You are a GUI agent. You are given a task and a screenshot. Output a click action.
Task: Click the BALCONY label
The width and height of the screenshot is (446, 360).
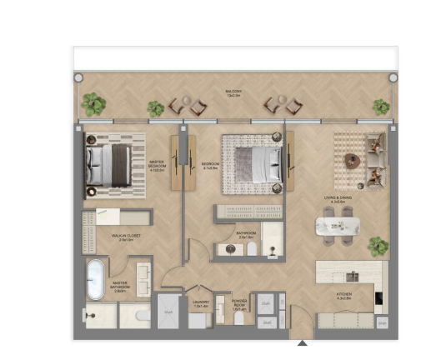pyautogui.click(x=233, y=92)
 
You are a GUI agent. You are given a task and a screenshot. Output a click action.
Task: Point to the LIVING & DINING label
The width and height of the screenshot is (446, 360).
pyautogui.click(x=338, y=199)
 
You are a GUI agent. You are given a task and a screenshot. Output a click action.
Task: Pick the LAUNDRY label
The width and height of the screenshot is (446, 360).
pyautogui.click(x=199, y=305)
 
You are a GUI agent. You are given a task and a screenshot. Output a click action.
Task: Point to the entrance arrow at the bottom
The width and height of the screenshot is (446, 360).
pyautogui.click(x=302, y=341)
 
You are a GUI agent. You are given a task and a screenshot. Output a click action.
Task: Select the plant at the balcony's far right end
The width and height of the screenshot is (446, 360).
pyautogui.click(x=381, y=107)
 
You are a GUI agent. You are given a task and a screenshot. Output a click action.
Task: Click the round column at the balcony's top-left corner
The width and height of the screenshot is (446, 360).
pyautogui.click(x=78, y=77)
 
